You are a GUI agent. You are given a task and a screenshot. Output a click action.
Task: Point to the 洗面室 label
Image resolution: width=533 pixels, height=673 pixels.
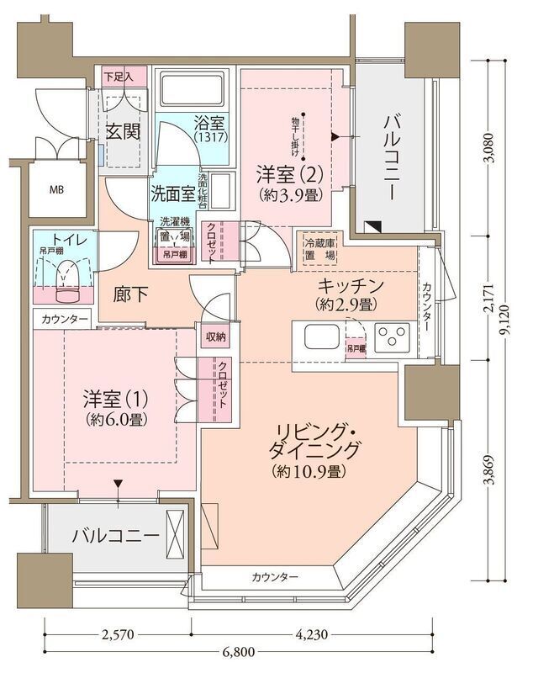click(x=172, y=193)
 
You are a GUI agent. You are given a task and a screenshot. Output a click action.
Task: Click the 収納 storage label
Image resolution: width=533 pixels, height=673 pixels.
click(x=215, y=337)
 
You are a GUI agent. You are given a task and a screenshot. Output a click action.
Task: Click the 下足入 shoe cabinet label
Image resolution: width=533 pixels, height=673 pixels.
click(x=118, y=77)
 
